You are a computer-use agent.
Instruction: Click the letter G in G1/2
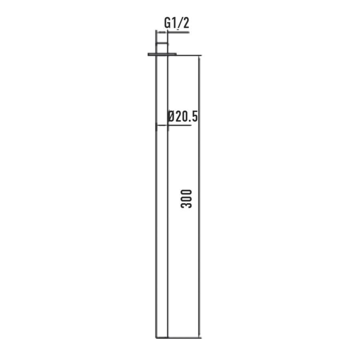click(167, 23)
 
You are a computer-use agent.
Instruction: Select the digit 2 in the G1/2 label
click(186, 23)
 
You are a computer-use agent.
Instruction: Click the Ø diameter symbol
click(172, 116)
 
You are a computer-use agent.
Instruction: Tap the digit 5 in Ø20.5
click(194, 116)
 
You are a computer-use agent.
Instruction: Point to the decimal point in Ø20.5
click(190, 120)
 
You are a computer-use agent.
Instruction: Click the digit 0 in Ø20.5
click(184, 116)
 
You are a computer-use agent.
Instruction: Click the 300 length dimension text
click(186, 199)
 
